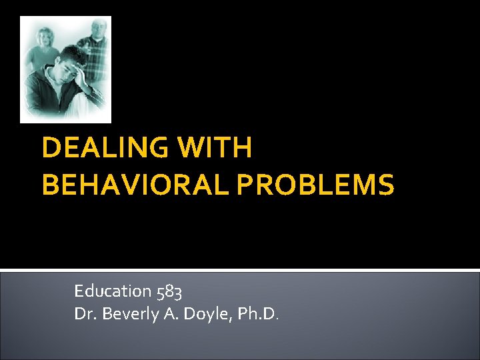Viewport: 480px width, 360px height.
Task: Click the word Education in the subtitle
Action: click(x=112, y=291)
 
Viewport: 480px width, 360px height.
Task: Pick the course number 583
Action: click(x=170, y=291)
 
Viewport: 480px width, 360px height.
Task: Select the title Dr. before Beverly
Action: click(x=84, y=313)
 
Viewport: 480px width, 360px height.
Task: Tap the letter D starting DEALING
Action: click(x=51, y=149)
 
